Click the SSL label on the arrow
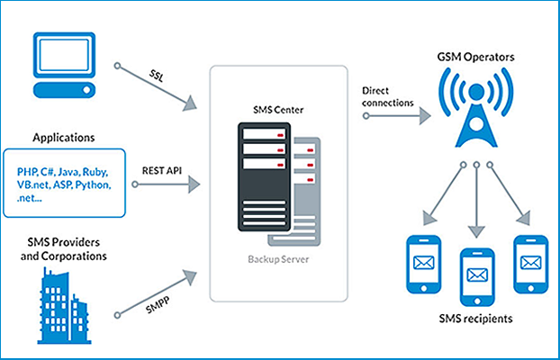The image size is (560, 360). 157,75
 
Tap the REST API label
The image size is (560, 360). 162,170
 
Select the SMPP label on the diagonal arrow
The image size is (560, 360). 158,304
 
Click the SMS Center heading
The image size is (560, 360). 278,110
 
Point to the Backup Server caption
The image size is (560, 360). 278,259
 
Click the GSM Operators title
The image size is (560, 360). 475,58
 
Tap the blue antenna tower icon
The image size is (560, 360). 476,107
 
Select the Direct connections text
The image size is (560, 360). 387,97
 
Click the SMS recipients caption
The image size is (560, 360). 475,319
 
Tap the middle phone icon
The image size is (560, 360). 477,277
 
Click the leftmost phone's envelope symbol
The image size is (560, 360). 423,263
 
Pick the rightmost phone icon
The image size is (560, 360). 530,264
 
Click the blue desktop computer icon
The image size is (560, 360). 64,65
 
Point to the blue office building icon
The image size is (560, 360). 62,305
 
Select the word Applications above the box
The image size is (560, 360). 64,138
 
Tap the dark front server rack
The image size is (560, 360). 264,176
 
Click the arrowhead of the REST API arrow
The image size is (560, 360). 194,184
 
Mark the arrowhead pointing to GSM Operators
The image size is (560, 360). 425,116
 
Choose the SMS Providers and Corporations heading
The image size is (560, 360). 64,249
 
